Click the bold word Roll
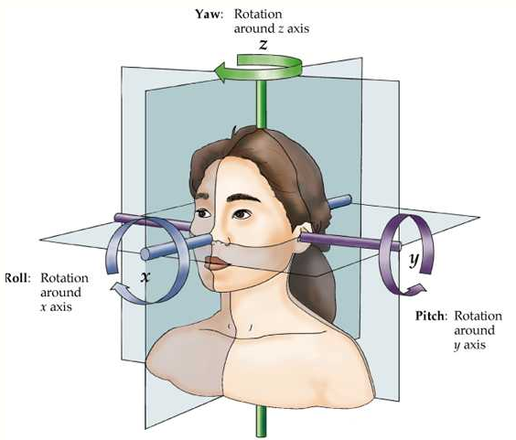[17, 278]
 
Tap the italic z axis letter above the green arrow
[263, 44]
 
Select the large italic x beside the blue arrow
[145, 277]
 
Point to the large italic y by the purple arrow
[414, 261]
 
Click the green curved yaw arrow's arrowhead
[221, 71]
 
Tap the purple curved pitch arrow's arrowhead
[416, 290]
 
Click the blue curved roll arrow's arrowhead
[119, 289]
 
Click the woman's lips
[217, 263]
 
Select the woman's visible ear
[305, 235]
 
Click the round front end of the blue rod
[145, 254]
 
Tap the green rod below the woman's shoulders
[262, 422]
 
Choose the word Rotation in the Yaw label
[258, 14]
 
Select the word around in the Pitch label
[475, 330]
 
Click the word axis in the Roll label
[59, 307]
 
